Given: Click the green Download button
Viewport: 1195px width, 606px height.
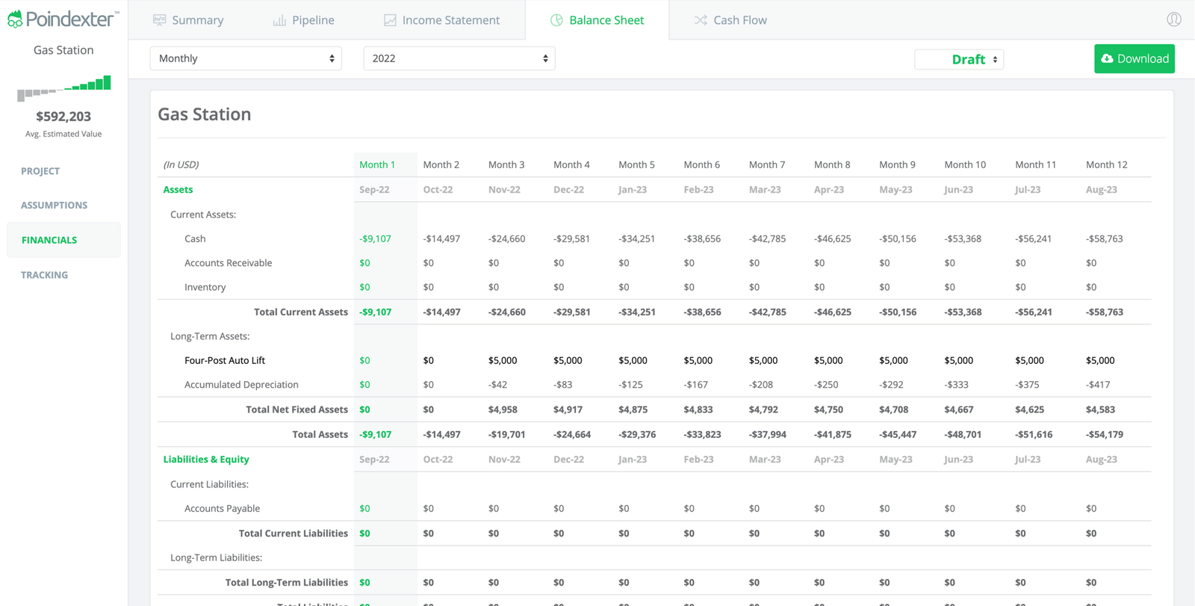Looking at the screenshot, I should pyautogui.click(x=1134, y=59).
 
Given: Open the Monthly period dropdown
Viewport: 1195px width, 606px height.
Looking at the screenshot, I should pyautogui.click(x=246, y=58).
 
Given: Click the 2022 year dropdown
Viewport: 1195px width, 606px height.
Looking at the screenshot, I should pyautogui.click(x=459, y=58).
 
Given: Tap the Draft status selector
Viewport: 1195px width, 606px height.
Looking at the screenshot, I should pyautogui.click(x=959, y=59).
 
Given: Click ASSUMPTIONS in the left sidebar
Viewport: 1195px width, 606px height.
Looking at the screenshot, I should pyautogui.click(x=54, y=205).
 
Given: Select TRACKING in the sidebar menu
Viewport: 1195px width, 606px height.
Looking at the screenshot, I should pyautogui.click(x=44, y=275).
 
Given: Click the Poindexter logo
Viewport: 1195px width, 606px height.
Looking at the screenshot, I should pyautogui.click(x=63, y=19).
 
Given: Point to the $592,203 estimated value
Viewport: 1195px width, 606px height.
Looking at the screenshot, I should pyautogui.click(x=63, y=117).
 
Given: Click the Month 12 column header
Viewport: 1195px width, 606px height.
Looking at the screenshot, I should pyautogui.click(x=1106, y=164).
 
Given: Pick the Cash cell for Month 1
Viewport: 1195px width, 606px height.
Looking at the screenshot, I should pyautogui.click(x=375, y=239).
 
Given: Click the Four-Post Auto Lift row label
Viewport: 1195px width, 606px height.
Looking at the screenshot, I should pyautogui.click(x=225, y=360).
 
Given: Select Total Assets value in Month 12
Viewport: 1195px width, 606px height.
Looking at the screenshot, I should pyautogui.click(x=1104, y=434).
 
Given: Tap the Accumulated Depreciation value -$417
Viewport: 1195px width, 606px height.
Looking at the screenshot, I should pyautogui.click(x=1097, y=385).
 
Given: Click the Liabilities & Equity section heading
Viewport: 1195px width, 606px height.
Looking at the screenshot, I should pyautogui.click(x=206, y=460).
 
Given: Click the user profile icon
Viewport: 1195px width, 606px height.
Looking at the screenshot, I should pyautogui.click(x=1173, y=19).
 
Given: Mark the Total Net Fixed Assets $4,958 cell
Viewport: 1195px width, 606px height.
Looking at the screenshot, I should pyautogui.click(x=503, y=409).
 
